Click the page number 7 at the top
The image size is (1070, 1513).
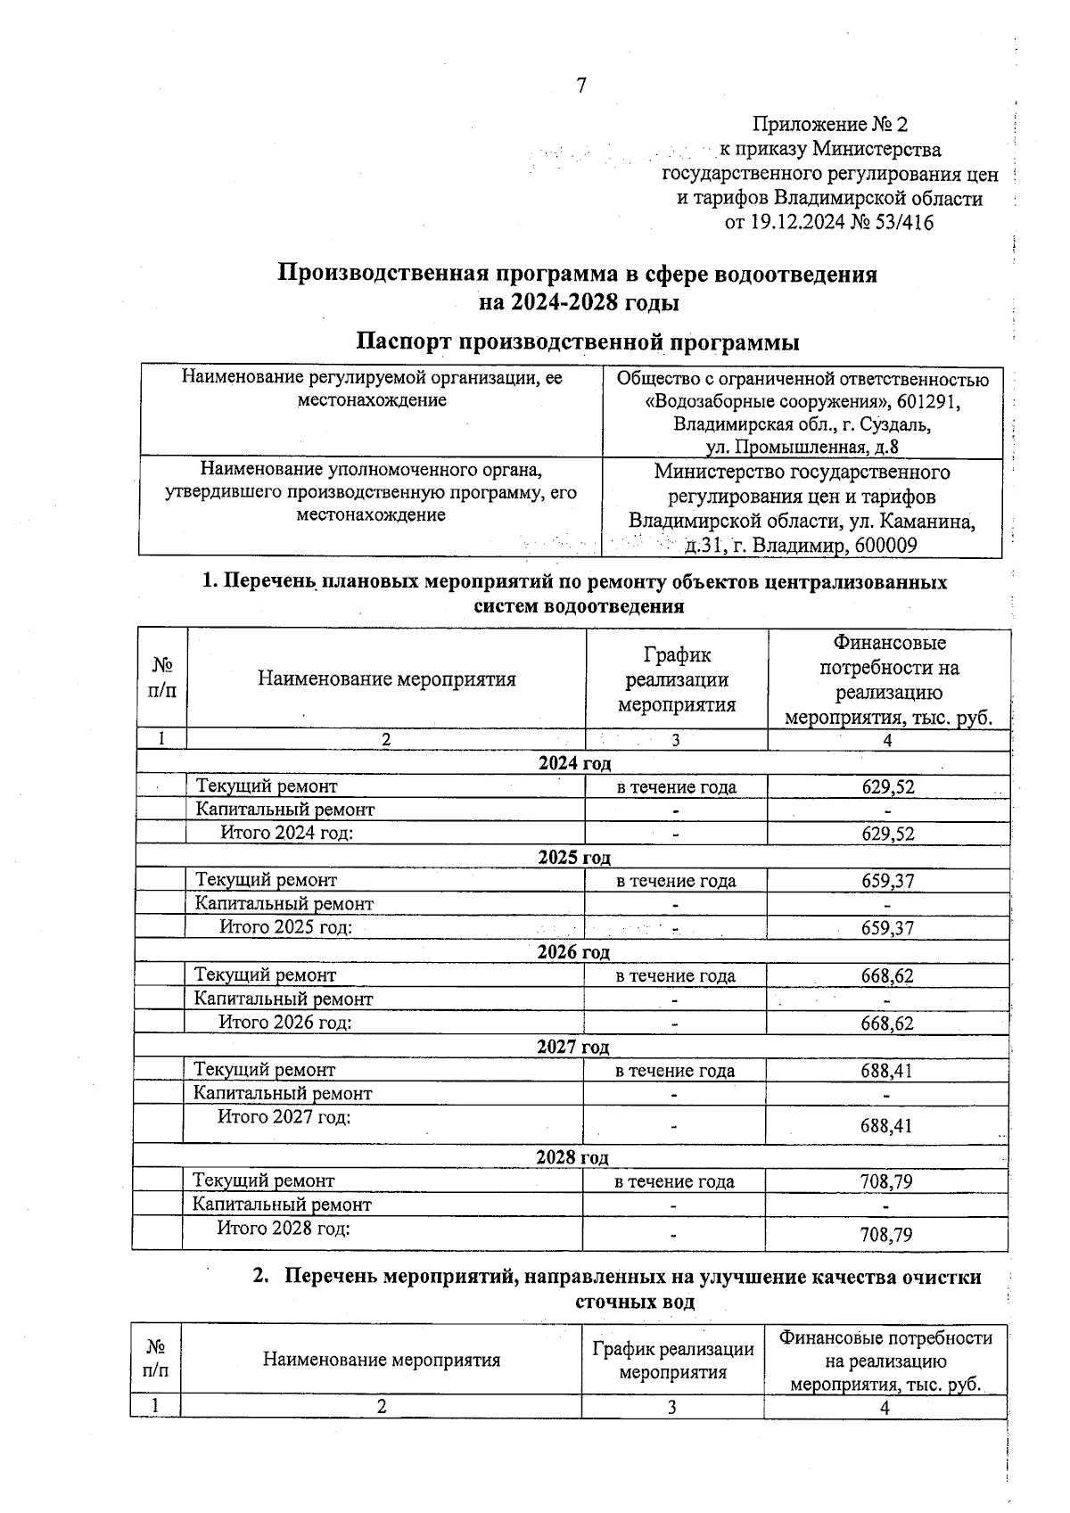tap(581, 86)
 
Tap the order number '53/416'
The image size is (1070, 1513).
tap(906, 222)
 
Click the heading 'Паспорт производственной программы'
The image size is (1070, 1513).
tap(577, 341)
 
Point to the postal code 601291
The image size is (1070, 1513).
tap(929, 402)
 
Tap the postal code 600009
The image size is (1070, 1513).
tap(885, 546)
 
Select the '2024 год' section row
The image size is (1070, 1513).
tap(575, 763)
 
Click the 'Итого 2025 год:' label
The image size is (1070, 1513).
tap(286, 927)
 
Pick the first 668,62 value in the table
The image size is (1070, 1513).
tap(887, 975)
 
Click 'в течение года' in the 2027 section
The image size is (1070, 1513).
tap(675, 1071)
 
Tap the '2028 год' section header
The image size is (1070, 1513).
tap(572, 1157)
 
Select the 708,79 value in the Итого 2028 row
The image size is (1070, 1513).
tap(886, 1235)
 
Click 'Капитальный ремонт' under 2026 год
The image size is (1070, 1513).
tap(284, 999)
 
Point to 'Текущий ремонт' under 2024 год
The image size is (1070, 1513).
tap(267, 786)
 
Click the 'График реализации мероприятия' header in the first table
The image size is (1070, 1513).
tap(677, 680)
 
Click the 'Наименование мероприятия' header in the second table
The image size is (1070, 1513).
tap(382, 1360)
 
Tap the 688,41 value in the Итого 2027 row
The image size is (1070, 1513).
tap(886, 1126)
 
